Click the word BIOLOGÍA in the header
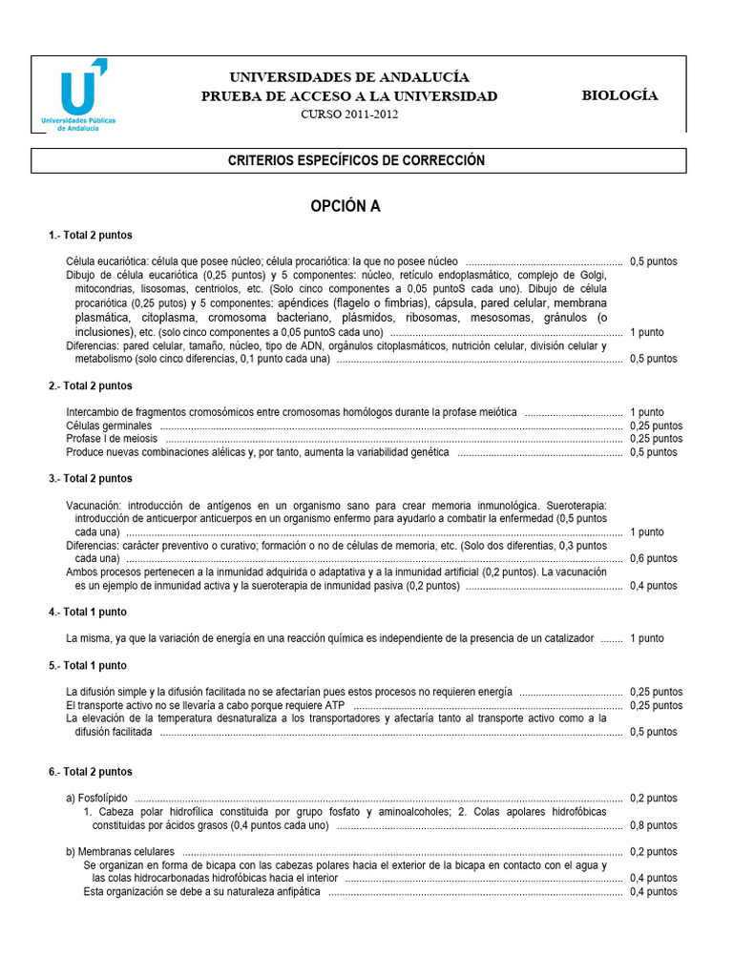pyautogui.click(x=619, y=95)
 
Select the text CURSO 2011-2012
pyautogui.click(x=349, y=114)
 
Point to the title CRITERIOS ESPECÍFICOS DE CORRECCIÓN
pyautogui.click(x=356, y=160)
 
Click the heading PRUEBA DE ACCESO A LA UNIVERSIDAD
pyautogui.click(x=349, y=96)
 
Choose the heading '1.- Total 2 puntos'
pyautogui.click(x=91, y=235)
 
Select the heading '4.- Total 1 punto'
pyautogui.click(x=88, y=612)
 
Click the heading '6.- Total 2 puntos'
pyautogui.click(x=91, y=771)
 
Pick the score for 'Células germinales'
pyautogui.click(x=656, y=426)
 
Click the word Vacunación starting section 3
pyautogui.click(x=94, y=505)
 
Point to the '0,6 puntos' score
pyautogui.click(x=654, y=558)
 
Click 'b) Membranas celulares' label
pyautogui.click(x=120, y=851)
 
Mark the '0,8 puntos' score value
pyautogui.click(x=654, y=825)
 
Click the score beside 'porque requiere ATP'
pyautogui.click(x=656, y=705)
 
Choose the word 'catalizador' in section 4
pyautogui.click(x=565, y=638)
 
